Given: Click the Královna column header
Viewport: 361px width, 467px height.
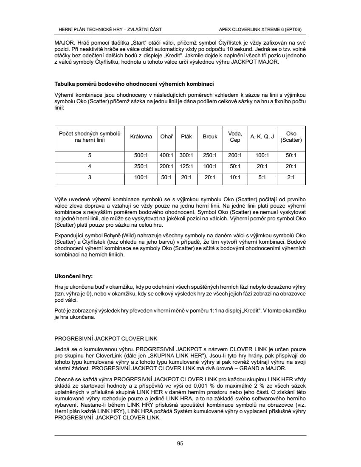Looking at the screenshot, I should (141, 137).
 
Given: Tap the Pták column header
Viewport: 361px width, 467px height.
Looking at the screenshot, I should (186, 137).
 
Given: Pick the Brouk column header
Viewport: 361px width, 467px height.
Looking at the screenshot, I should (210, 137).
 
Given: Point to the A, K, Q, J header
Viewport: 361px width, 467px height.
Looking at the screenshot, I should (262, 137).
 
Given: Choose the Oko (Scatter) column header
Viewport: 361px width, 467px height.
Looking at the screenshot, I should (291, 137).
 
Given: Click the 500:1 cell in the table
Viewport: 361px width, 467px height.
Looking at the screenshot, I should (141, 155).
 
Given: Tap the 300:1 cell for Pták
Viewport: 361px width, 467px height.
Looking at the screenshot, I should (186, 155).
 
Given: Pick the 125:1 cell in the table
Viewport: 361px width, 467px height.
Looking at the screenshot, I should (186, 166).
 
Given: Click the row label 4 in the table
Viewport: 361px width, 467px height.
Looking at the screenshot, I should (89, 166).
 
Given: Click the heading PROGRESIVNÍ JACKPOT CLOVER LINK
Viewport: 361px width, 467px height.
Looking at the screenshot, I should (106, 338).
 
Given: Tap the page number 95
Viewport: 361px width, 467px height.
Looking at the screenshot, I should (180, 444).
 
